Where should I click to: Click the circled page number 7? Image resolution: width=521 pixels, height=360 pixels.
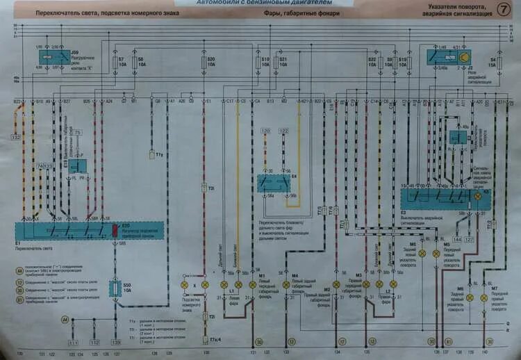pyautogui.click(x=502, y=10)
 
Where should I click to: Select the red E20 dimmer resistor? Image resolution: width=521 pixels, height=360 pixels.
pyautogui.click(x=116, y=229)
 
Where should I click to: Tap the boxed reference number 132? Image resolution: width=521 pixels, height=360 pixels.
pyautogui.click(x=15, y=138)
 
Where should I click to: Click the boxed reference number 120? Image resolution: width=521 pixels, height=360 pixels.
pyautogui.click(x=265, y=131)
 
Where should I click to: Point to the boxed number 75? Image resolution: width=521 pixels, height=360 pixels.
pyautogui.click(x=77, y=131)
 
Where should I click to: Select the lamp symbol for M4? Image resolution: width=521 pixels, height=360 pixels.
pyautogui.click(x=286, y=285)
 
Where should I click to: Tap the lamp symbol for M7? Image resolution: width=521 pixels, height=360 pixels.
pyautogui.click(x=490, y=297)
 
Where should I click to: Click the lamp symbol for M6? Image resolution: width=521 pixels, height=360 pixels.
pyautogui.click(x=470, y=297)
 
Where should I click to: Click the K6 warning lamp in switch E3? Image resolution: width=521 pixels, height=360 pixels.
pyautogui.click(x=478, y=197)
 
